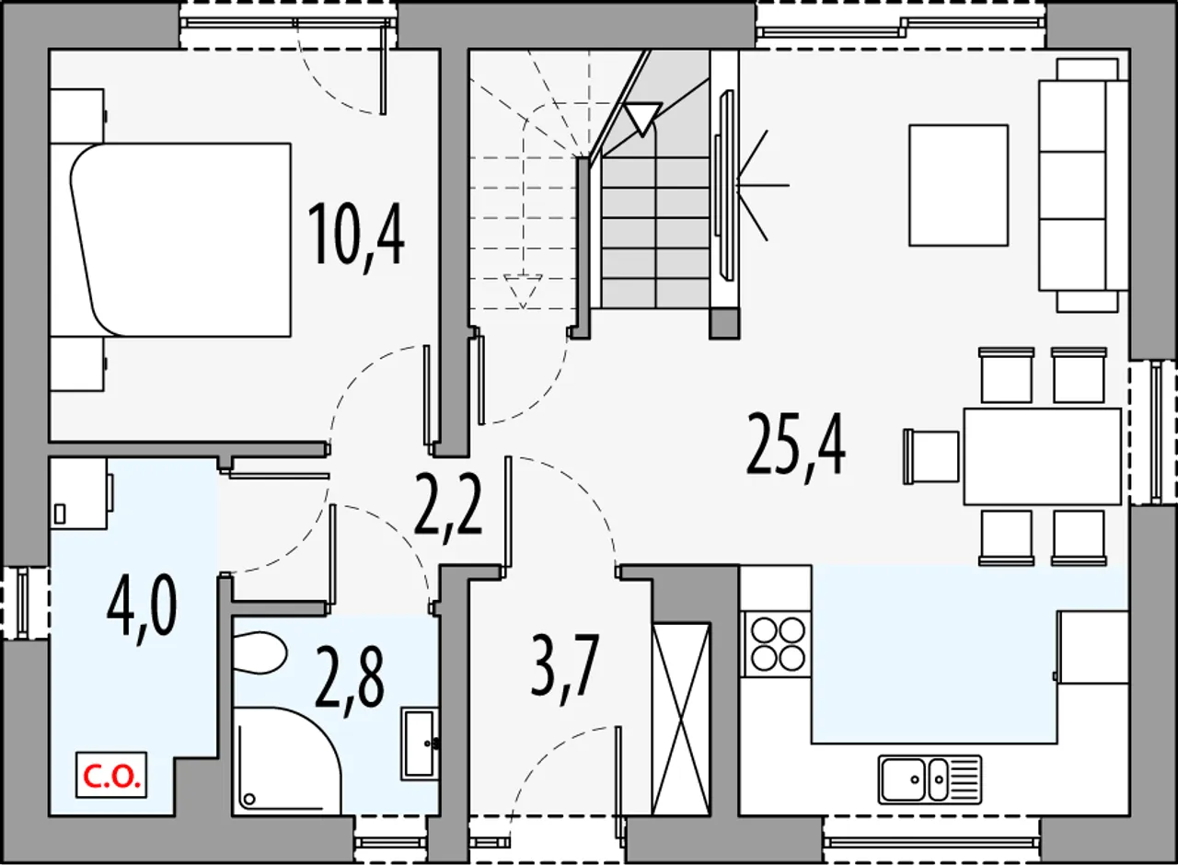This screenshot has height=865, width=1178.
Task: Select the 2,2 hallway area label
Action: tap(448, 502)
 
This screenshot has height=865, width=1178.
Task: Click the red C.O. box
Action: tap(111, 775)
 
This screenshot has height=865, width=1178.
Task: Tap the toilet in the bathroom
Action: tap(259, 653)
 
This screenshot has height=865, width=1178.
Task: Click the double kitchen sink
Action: tap(930, 779)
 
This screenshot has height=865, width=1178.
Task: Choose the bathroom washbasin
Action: tap(421, 744)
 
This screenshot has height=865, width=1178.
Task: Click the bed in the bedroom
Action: tap(180, 240)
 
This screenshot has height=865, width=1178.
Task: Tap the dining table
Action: tap(1043, 457)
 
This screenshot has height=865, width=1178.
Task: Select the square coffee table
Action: tap(959, 185)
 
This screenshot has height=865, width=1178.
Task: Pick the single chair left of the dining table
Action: tap(930, 456)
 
